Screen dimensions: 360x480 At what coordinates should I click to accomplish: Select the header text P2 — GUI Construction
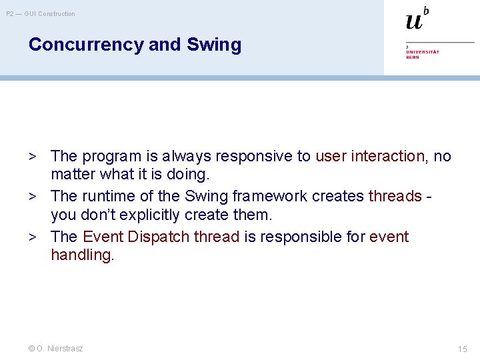(41, 13)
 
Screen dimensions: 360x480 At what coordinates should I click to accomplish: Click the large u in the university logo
(414, 21)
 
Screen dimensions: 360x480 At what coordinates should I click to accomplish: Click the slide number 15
(463, 349)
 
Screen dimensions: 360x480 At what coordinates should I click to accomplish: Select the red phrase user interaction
(370, 156)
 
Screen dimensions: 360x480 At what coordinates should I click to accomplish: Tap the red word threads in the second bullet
(395, 196)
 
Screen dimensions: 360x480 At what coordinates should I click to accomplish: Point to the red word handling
(81, 255)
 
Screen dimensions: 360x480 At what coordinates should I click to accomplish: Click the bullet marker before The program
(31, 157)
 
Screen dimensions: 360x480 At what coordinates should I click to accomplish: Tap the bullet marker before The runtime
(31, 197)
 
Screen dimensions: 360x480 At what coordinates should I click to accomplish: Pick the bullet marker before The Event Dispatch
(31, 237)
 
